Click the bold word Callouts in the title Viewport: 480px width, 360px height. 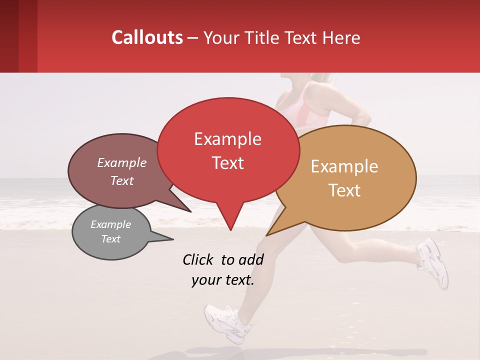click(x=147, y=37)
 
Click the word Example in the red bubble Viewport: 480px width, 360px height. click(x=227, y=139)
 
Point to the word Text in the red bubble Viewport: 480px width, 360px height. click(x=227, y=163)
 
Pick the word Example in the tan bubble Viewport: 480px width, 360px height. click(x=344, y=166)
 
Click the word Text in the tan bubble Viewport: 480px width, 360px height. click(x=344, y=190)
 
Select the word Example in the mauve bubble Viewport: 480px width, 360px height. click(x=122, y=163)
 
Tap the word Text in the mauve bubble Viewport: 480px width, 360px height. click(x=122, y=181)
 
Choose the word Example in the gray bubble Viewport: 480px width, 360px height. click(x=110, y=224)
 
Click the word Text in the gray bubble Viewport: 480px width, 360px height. click(x=110, y=239)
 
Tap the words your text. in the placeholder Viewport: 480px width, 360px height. click(x=222, y=280)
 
